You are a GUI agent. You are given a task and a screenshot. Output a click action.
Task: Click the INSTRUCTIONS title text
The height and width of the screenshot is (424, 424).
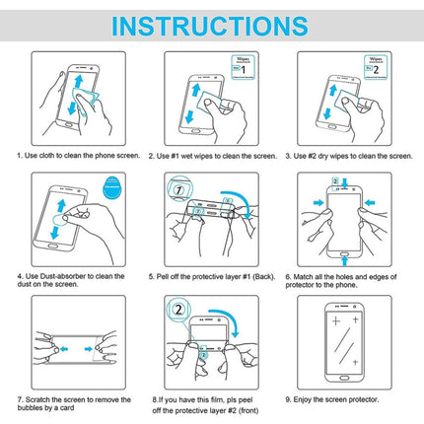(x=211, y=25)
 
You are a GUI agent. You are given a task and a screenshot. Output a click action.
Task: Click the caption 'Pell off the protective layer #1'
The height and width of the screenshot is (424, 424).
(x=210, y=276)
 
